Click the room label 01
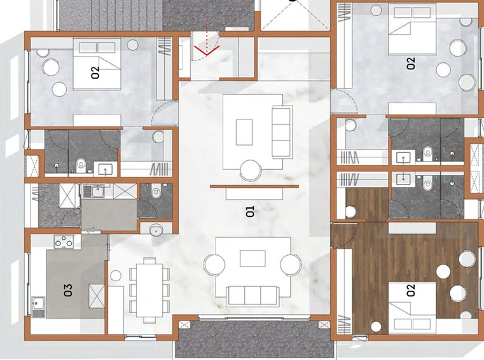(x=250, y=212)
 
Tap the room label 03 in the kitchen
(x=68, y=290)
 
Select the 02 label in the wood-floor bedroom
(x=411, y=290)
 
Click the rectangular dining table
(x=149, y=290)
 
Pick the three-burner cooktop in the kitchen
(x=64, y=242)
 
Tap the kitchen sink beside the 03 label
(x=39, y=307)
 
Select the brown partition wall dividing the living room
(x=254, y=186)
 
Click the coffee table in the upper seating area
(x=244, y=132)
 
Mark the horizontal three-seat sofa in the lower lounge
(x=252, y=296)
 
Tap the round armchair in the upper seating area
(x=251, y=170)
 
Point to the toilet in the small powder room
(x=156, y=191)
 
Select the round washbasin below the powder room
(x=156, y=230)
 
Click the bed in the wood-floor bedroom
(x=412, y=308)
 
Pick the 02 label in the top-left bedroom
(x=95, y=73)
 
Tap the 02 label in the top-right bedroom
(x=411, y=64)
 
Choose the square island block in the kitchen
(x=97, y=296)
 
